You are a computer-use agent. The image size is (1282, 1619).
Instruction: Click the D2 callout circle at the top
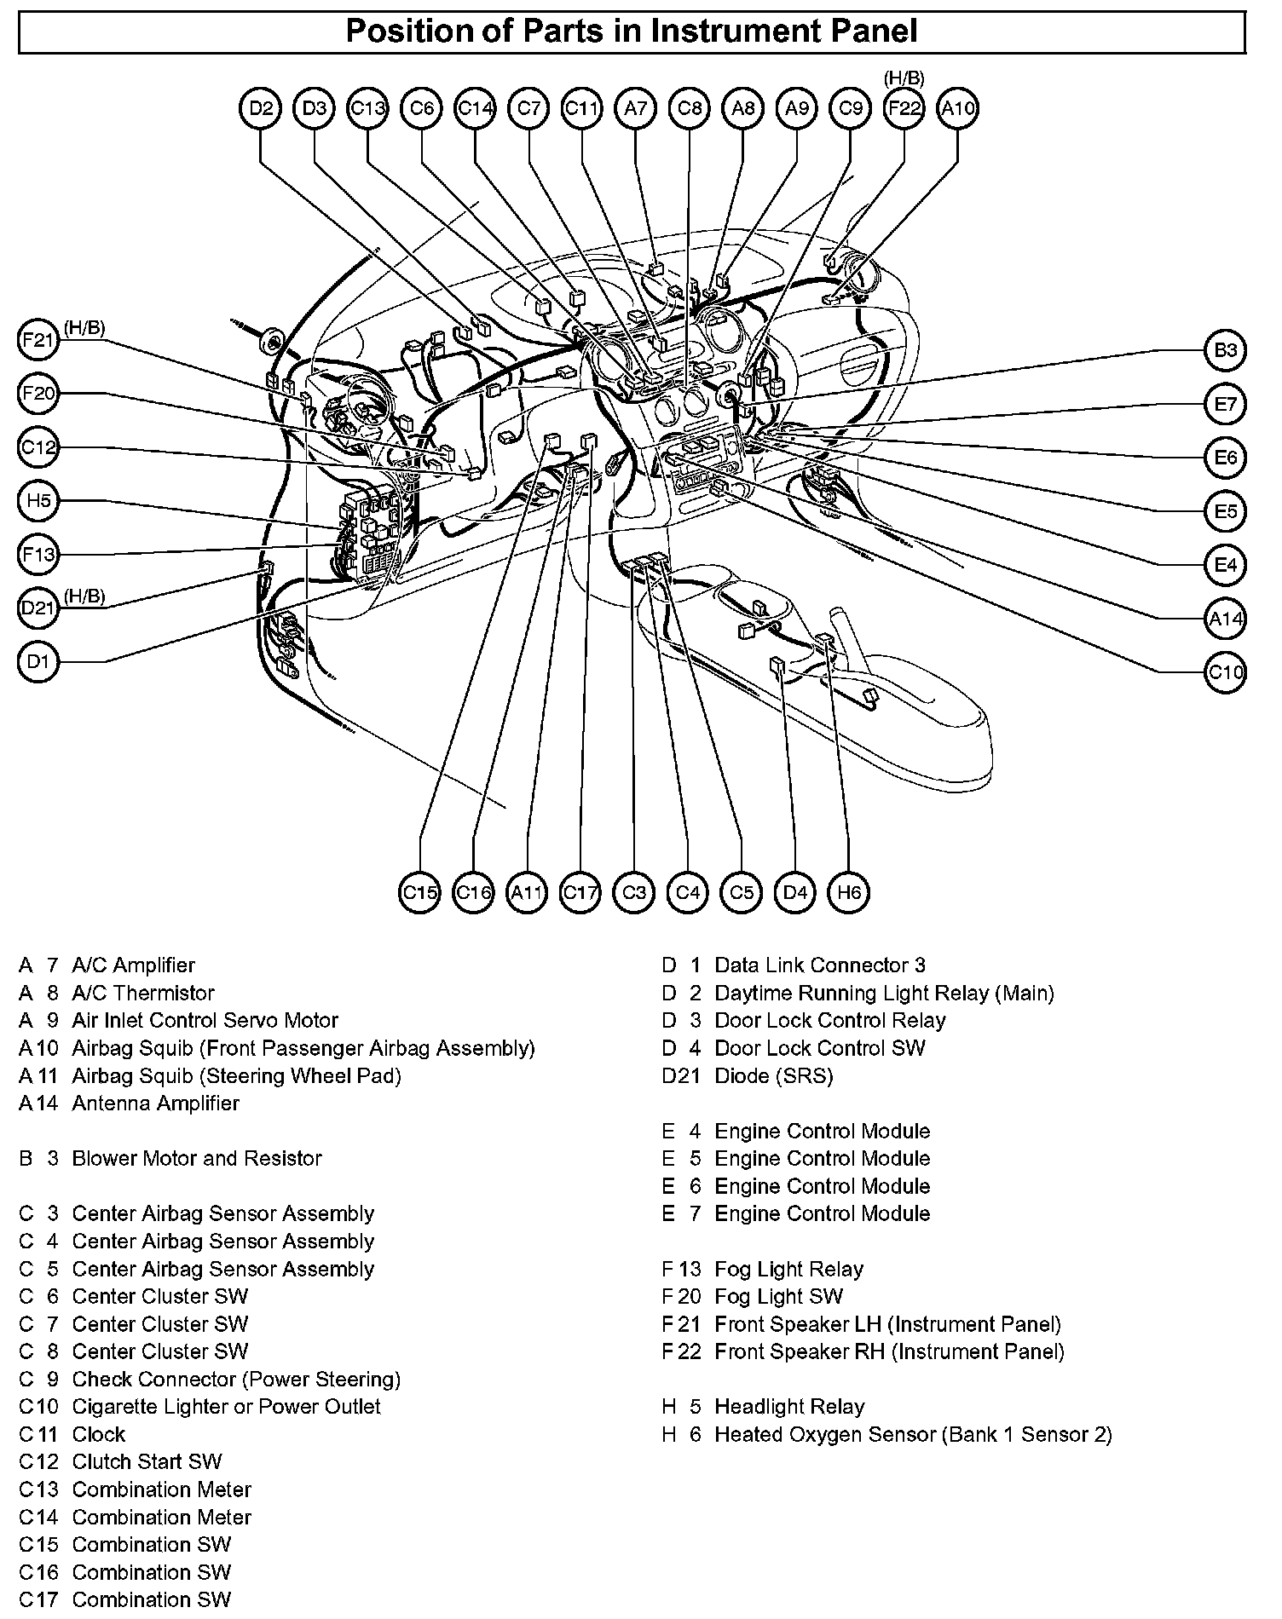coord(261,108)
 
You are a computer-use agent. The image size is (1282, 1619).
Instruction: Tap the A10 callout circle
coord(957,108)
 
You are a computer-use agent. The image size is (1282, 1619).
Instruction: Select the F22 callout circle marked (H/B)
coord(904,108)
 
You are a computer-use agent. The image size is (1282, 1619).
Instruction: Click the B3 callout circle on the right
coord(1226,350)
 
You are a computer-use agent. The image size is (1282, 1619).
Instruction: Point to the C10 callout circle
coord(1226,672)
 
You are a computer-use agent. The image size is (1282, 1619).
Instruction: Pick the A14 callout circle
coord(1226,619)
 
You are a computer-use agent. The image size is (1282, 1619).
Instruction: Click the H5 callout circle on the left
coord(38,501)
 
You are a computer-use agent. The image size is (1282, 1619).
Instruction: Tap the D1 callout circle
coord(38,662)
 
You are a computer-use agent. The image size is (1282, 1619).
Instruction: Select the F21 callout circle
coord(38,340)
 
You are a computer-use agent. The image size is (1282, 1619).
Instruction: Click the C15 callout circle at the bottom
coord(420,892)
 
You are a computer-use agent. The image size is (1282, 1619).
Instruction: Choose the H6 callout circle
coord(849,892)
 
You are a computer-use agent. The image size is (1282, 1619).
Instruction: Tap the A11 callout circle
coord(527,892)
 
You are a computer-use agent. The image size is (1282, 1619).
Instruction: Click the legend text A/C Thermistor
coord(143,993)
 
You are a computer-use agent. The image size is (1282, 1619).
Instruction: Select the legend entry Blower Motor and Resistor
coord(197,1158)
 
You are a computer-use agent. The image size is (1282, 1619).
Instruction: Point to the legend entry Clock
coord(99,1434)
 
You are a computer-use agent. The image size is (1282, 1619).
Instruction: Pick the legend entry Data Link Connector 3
coord(820,965)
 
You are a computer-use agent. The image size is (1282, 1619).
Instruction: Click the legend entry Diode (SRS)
coord(774,1075)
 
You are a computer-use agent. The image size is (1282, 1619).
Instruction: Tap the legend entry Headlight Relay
coord(789,1407)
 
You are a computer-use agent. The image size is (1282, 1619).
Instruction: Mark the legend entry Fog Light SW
coord(778,1296)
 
